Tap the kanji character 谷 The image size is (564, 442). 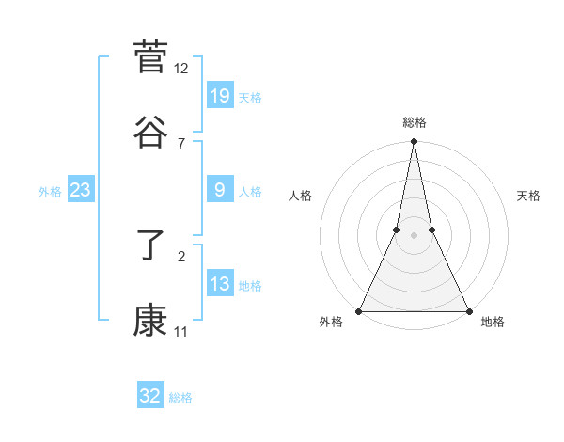[150, 132]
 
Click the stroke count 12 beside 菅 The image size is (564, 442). [181, 69]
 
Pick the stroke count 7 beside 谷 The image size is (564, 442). [181, 143]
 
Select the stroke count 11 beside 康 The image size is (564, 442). [181, 332]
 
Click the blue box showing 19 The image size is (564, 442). [220, 95]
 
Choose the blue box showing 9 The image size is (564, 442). [220, 190]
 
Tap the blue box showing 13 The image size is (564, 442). [220, 284]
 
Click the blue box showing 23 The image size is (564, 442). [81, 190]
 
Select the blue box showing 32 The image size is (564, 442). [150, 396]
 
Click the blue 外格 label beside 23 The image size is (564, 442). [50, 192]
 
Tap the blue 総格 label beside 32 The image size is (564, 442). [180, 398]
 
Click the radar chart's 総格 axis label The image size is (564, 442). [415, 122]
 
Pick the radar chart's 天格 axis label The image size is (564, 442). [529, 196]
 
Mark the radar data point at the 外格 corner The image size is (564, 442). [359, 310]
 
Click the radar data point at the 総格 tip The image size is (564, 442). [414, 142]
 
